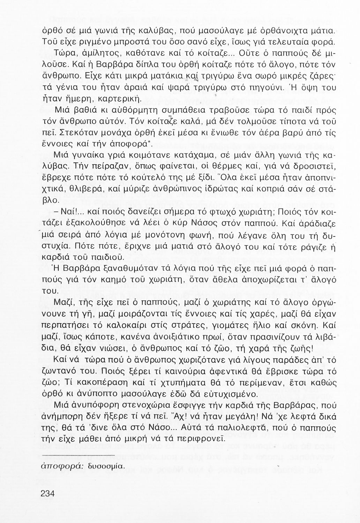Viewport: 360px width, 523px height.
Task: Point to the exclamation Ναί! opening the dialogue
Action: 70,211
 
